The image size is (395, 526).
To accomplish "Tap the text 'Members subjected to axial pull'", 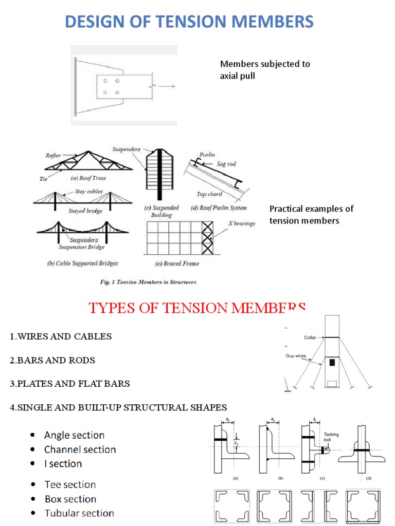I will tap(265, 70).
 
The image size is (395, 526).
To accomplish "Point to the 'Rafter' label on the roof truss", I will tap(53, 155).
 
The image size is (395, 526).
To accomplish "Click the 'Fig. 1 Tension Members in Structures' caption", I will tap(148, 282).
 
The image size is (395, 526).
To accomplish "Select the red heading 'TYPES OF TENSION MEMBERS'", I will tap(197, 308).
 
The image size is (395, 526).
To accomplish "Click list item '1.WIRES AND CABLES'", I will tap(61, 337).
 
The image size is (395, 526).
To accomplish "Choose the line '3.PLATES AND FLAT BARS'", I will tap(69, 384).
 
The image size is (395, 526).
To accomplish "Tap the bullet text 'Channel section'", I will tap(80, 449).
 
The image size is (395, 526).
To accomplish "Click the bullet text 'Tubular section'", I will tap(79, 513).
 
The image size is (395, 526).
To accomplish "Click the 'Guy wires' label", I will tap(296, 355).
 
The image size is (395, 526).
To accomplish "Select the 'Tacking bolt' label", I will tap(331, 437).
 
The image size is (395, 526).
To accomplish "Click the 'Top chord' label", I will tap(209, 194).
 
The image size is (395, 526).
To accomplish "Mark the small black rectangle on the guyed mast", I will tap(332, 363).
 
